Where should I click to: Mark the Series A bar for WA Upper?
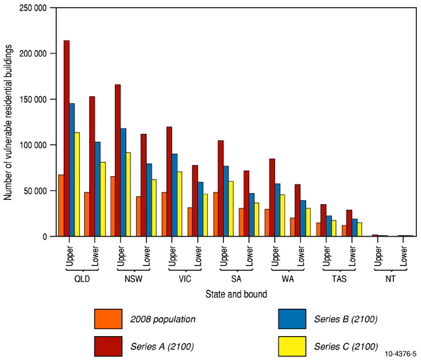point(272,197)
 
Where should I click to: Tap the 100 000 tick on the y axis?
point(33,145)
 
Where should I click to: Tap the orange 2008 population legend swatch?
point(110,319)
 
